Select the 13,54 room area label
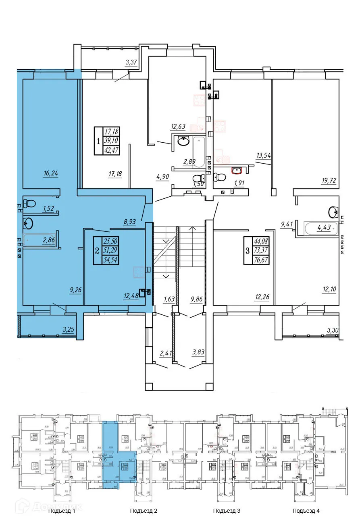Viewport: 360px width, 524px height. point(264,154)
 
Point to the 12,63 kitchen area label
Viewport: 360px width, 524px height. point(178,127)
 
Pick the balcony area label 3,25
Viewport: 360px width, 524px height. point(69,330)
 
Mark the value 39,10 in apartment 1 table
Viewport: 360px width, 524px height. point(112,141)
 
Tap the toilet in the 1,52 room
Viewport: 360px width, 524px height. point(30,203)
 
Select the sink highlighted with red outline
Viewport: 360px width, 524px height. point(236,170)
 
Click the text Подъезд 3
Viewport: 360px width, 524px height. point(227,511)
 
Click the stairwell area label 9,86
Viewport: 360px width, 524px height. point(198,299)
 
